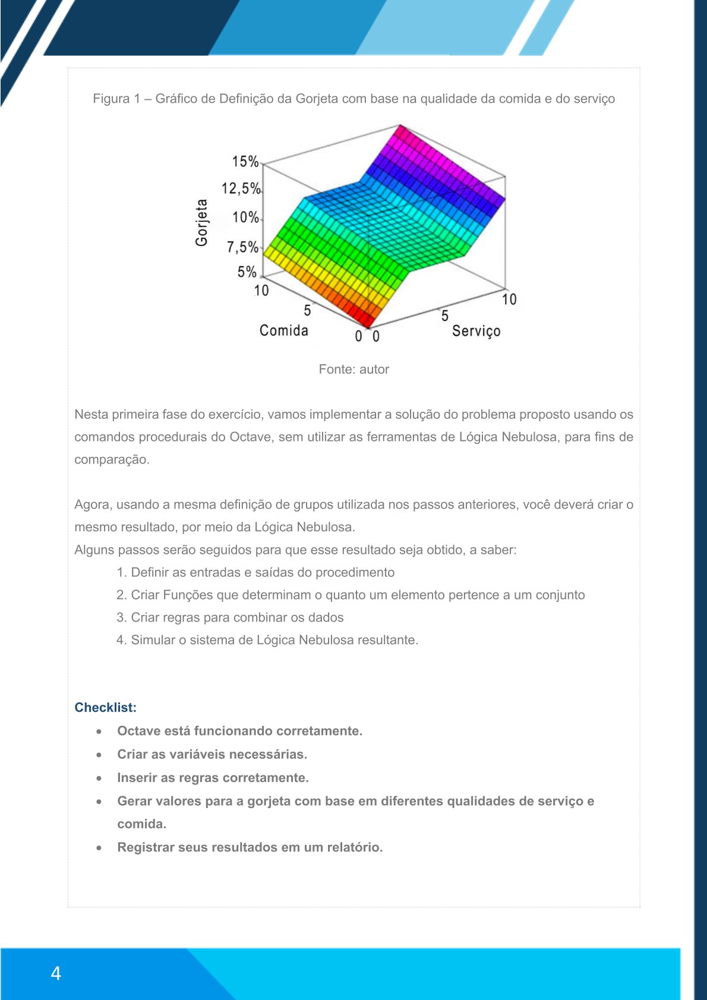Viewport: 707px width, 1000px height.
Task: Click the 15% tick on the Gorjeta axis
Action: pos(245,162)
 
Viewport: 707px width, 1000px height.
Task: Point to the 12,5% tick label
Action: pos(241,189)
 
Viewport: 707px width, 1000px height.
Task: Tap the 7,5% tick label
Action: pos(242,247)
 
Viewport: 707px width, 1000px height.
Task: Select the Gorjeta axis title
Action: pos(202,223)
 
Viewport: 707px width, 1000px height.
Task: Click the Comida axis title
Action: pos(283,330)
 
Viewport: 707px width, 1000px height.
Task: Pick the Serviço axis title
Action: pos(476,331)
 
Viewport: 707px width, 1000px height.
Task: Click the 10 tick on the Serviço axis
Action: pos(509,299)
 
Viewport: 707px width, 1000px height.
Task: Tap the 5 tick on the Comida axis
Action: pos(307,310)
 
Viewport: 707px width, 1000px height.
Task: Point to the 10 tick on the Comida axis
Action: pos(261,291)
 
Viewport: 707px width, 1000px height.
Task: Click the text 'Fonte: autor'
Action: pos(353,369)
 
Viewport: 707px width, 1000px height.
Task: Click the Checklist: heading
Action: pos(105,707)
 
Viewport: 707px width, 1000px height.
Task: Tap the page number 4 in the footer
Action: pos(56,973)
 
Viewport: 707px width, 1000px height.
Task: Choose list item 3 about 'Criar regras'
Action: pos(230,617)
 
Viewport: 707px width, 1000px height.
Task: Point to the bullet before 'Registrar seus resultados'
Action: pos(99,848)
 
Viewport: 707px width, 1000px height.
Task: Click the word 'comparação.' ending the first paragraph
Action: pos(112,459)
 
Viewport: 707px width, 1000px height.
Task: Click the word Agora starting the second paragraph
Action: pos(93,504)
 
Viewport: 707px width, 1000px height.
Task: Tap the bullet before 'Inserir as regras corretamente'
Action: pos(99,778)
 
